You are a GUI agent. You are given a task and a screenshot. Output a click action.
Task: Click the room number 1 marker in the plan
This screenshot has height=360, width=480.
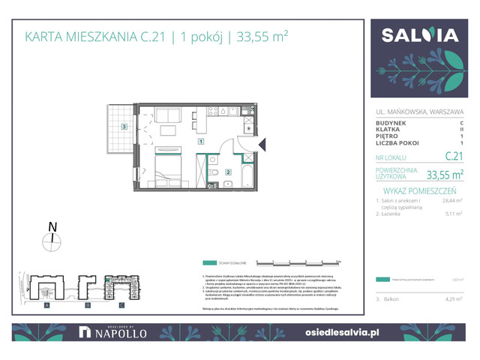201,141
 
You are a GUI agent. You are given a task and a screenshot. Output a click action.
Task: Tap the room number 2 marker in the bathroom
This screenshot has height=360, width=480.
227,172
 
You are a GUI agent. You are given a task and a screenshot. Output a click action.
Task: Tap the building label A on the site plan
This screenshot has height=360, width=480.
46,305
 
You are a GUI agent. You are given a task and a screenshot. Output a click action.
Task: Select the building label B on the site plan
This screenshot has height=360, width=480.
87,305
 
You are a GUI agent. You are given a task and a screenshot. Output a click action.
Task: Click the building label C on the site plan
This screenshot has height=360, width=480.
121,305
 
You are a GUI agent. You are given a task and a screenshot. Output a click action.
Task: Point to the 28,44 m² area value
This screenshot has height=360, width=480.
454,201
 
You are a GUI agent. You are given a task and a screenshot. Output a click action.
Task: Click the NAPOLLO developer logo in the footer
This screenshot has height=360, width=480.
112,331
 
